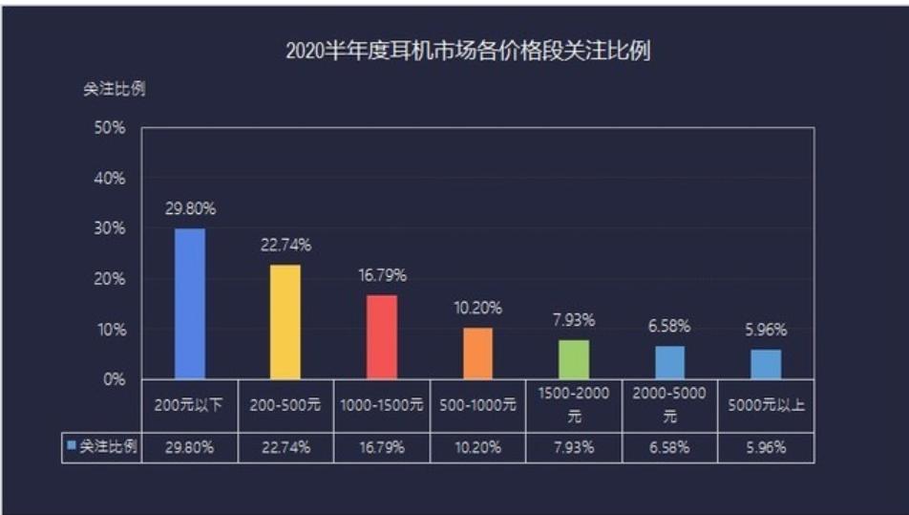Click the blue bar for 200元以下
[189, 304]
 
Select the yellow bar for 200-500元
[285, 322]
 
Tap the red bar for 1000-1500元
[382, 336]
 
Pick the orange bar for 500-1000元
[478, 354]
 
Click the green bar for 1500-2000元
[574, 359]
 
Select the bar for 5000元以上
[766, 364]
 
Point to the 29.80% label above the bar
[190, 208]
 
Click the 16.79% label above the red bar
[382, 275]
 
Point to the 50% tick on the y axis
[111, 128]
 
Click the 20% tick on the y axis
[111, 279]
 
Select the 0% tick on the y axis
[115, 379]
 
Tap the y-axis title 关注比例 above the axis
[113, 89]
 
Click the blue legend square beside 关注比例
[71, 445]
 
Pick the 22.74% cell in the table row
[285, 447]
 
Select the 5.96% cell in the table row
[766, 447]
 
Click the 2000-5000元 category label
[669, 405]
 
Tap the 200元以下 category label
[189, 405]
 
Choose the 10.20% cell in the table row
[478, 447]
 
